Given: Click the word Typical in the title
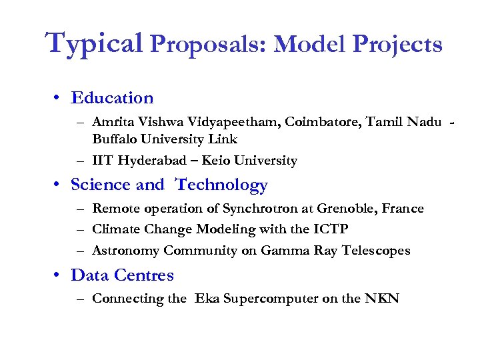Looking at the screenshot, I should coord(94,43).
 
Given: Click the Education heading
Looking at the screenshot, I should coord(112,98).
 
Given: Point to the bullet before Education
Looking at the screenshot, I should coord(59,98).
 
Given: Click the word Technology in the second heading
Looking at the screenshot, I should coord(221,185).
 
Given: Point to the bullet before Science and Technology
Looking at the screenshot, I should coord(59,185).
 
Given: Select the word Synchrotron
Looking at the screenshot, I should coord(258,209).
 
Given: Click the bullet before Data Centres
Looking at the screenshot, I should coord(59,275).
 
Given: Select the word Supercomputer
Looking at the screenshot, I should coord(270,299).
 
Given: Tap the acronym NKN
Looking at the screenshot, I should coord(383,299).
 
